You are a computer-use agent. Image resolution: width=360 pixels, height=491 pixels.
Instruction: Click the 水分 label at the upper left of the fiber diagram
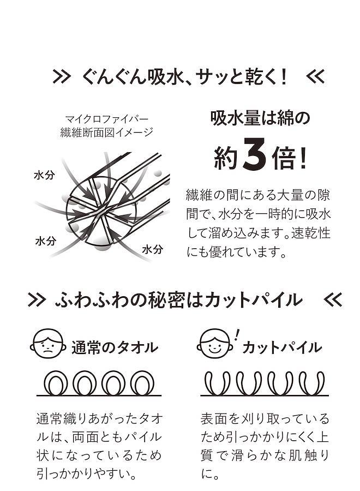(x=44, y=175)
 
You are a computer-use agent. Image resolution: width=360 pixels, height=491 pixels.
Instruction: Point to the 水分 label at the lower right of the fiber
(x=152, y=249)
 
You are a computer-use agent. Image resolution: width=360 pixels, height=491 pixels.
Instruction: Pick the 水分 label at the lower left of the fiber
(x=46, y=241)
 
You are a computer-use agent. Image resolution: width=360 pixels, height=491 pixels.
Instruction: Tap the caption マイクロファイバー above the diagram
(x=107, y=119)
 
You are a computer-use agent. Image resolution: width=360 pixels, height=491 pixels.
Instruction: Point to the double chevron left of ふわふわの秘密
(x=37, y=300)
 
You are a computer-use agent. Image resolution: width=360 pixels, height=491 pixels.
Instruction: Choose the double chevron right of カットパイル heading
(x=333, y=300)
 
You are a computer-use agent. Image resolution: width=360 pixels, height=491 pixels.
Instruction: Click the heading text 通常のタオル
(x=115, y=348)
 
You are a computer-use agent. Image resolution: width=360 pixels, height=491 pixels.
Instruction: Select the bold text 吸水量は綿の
(x=260, y=118)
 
